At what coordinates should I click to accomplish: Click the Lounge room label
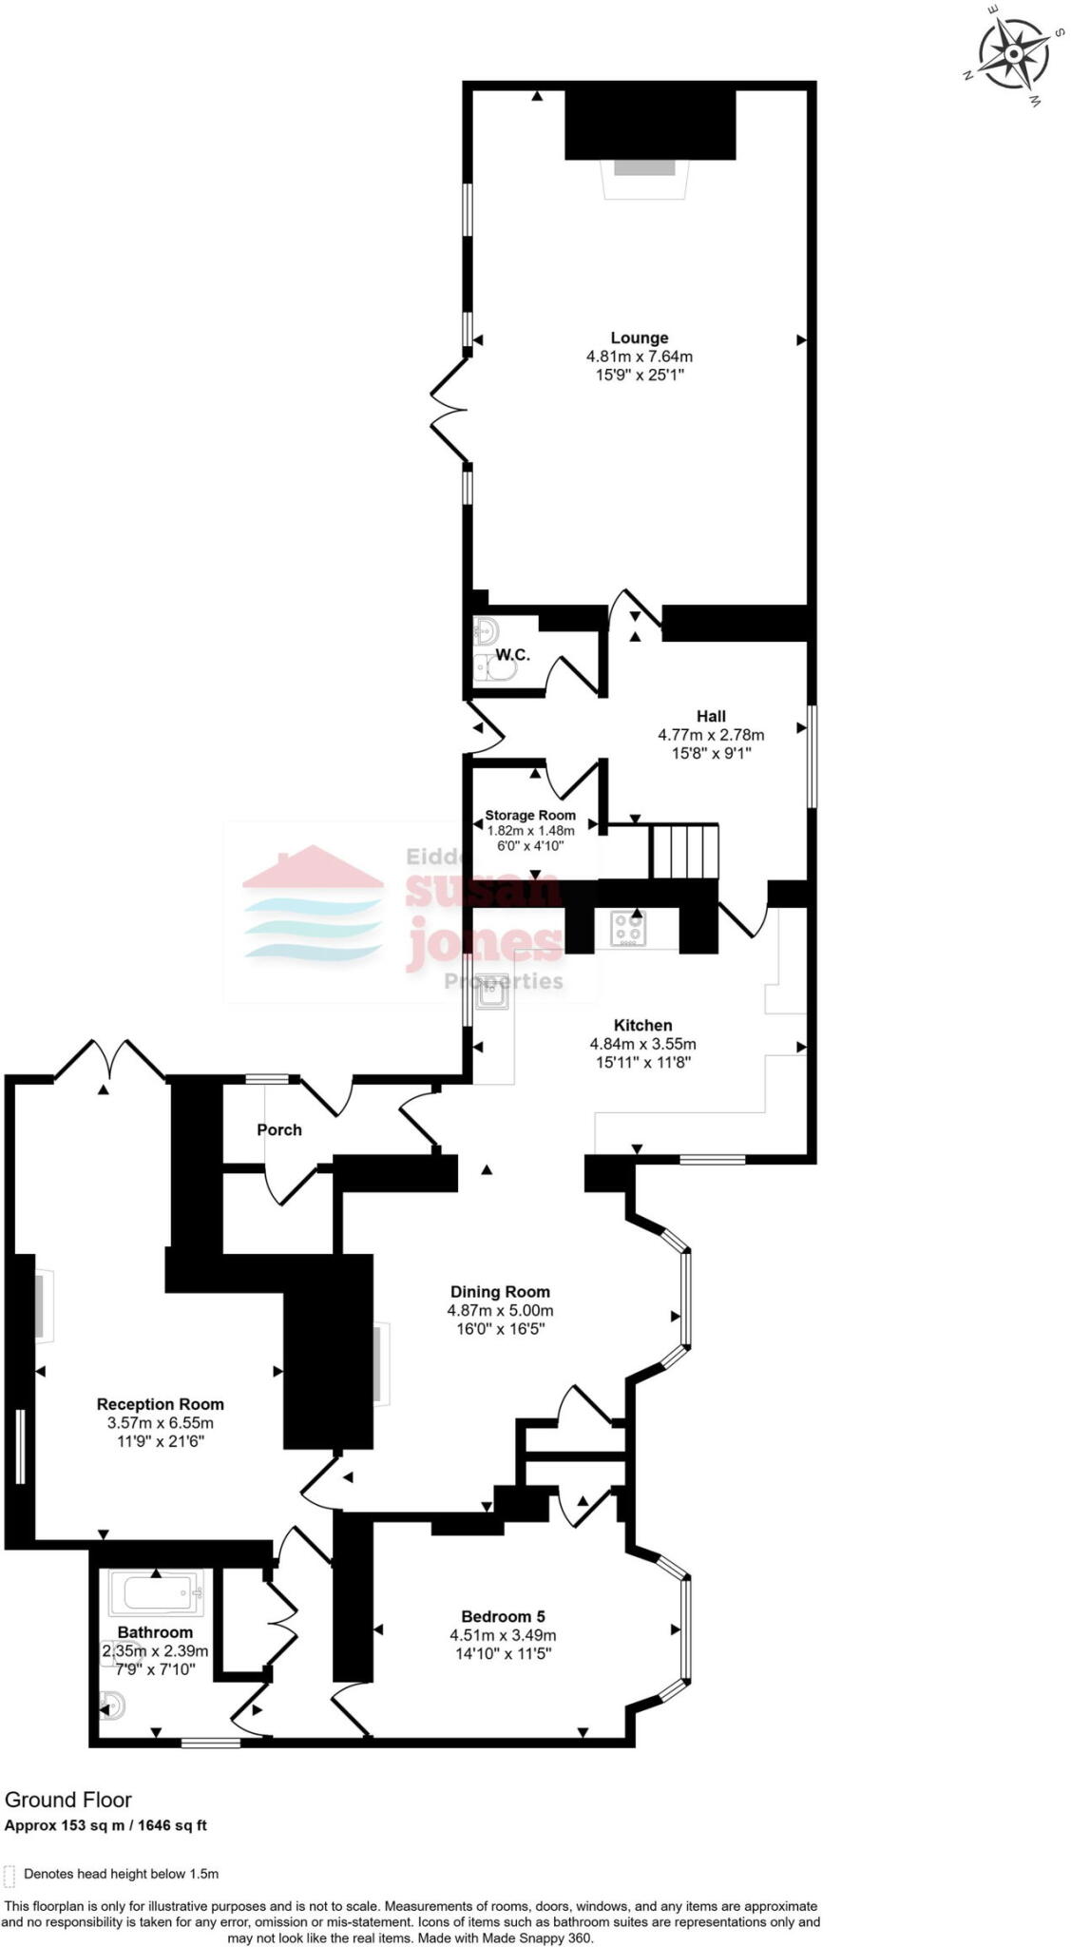639,337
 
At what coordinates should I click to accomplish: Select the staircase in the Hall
684,851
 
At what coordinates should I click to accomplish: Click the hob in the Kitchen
627,928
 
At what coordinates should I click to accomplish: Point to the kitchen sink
493,993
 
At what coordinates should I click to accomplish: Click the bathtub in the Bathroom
157,1593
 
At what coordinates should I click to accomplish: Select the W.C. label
513,655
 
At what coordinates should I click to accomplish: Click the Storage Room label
530,815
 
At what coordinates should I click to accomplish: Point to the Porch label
279,1129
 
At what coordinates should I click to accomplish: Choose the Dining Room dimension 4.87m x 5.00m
500,1310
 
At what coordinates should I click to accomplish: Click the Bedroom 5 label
503,1616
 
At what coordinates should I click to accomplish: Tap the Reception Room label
161,1404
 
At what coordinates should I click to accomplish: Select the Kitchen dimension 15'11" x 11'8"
643,1062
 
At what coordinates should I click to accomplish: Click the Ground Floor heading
68,1800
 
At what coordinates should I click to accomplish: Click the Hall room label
711,716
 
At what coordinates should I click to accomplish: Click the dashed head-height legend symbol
10,1875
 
